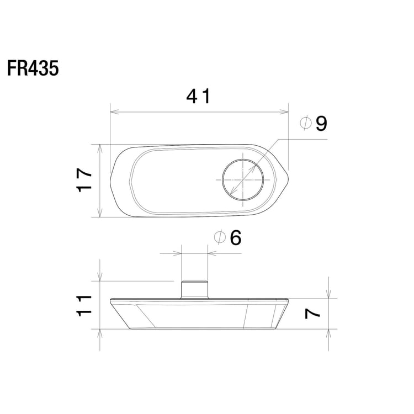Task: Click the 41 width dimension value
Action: pos(198,97)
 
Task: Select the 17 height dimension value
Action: pos(84,181)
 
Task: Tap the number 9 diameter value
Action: pos(321,124)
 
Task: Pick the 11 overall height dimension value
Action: pos(84,305)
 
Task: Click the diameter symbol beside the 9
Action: pos(306,124)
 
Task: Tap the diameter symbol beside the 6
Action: pos(219,238)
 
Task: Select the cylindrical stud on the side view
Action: pos(195,290)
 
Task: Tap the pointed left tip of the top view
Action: pos(110,180)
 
